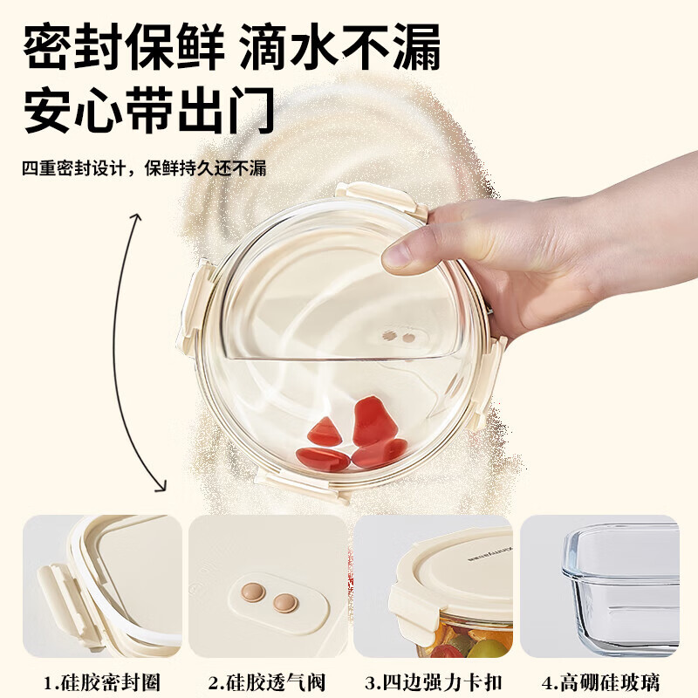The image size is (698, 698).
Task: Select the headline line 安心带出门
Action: pyautogui.click(x=149, y=111)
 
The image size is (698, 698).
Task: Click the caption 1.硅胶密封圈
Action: pyautogui.click(x=102, y=681)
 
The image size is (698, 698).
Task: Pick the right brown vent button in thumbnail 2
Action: pyautogui.click(x=284, y=602)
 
